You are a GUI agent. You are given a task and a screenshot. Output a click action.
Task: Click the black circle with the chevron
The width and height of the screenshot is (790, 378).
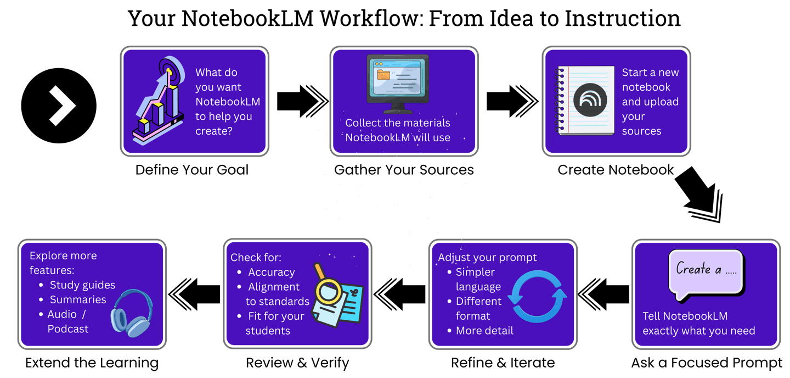[x=59, y=105]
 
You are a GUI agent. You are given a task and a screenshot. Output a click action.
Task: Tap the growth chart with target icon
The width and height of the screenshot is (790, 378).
[x=158, y=102]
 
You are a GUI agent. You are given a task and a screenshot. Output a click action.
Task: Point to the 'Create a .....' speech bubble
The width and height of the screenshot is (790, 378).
[x=706, y=271]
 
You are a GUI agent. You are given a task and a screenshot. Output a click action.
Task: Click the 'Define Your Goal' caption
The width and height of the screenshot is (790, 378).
[x=192, y=170]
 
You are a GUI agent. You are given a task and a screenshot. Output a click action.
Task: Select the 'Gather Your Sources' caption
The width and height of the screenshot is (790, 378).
[x=404, y=170]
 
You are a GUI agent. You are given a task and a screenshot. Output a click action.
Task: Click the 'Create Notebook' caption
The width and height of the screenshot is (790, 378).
[x=616, y=170]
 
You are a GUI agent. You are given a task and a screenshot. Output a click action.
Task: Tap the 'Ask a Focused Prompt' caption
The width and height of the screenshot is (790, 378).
[x=707, y=363]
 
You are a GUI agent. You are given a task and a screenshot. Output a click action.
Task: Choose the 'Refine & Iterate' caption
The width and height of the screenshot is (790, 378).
[x=503, y=363]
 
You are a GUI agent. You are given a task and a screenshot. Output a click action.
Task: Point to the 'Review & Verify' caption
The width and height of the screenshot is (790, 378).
[x=297, y=363]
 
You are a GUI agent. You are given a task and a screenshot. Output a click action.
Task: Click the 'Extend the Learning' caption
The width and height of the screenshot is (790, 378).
[x=92, y=363]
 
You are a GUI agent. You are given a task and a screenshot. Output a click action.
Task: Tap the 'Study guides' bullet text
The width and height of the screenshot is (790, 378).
[x=82, y=285]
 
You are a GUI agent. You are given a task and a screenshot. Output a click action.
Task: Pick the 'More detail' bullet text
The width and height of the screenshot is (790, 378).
[x=484, y=331]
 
